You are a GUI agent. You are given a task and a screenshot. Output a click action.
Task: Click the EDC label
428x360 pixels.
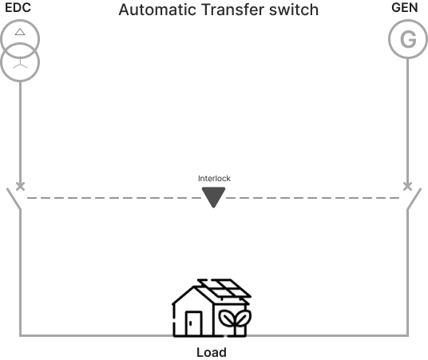coord(18,8)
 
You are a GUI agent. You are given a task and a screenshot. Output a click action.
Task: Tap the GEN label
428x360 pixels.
coord(405,8)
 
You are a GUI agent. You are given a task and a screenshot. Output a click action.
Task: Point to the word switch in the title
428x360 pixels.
coord(294,10)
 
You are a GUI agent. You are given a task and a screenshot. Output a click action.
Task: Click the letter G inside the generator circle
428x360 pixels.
coord(408,40)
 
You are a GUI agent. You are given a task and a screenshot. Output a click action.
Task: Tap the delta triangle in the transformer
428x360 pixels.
coord(20,32)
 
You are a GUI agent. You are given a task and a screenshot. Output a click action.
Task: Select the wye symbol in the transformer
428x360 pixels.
coord(20,63)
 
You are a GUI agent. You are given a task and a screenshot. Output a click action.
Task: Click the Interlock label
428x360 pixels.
coord(214,179)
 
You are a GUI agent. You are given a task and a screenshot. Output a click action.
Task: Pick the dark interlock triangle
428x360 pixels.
coord(213,196)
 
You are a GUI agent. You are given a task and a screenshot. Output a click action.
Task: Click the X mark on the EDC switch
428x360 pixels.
coord(20,187)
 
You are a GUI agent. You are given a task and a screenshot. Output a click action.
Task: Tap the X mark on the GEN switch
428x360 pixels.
coord(407,187)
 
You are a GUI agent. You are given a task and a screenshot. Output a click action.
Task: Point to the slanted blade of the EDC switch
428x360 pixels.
coord(14,199)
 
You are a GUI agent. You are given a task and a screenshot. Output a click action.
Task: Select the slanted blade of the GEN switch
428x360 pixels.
coord(414,199)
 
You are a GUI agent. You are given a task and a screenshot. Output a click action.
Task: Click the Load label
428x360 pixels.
coord(212,352)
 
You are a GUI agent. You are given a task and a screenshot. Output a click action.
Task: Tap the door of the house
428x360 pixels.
coord(194,323)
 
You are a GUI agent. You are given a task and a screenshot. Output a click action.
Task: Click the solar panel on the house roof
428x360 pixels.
coord(224,288)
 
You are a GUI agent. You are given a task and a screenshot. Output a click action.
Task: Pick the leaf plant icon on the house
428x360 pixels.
coord(235,321)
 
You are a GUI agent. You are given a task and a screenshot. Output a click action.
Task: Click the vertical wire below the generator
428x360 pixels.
coord(407,121)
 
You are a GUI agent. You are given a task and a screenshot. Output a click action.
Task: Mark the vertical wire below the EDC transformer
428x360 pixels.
coord(20,132)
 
